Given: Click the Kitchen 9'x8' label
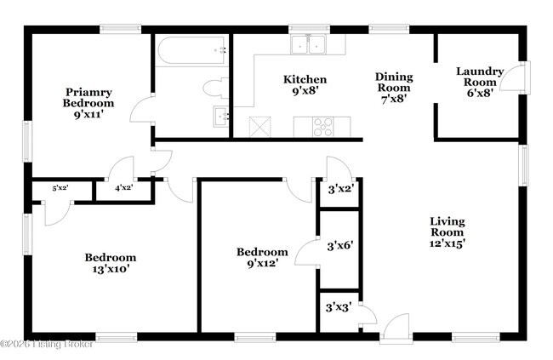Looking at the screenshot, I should point(305,86).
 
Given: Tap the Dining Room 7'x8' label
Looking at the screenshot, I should point(393,87).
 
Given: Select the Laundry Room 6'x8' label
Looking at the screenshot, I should point(479,83).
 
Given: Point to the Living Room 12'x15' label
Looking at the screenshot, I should point(447,232).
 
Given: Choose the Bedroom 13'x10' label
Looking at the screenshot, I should point(110,263).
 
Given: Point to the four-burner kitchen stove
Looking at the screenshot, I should point(324,127).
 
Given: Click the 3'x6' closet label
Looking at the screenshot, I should point(340,246).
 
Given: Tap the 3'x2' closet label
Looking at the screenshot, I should point(340,191).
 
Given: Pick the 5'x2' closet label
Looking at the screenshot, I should point(60,188).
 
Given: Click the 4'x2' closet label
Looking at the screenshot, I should point(123,189).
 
